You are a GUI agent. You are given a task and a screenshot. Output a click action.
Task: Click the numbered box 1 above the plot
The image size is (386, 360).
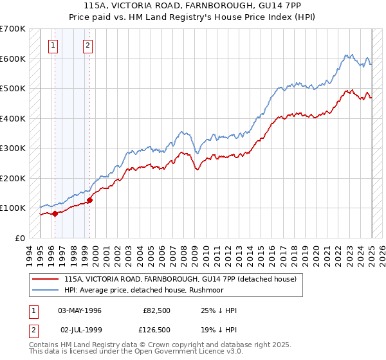tap(52, 45)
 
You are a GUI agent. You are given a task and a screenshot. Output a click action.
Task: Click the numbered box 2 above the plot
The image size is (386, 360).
tap(87, 45)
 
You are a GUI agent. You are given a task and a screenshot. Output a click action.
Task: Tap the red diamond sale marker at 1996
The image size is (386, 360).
tap(55, 213)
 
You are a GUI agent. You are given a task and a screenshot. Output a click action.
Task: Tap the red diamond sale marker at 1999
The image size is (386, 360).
tap(89, 200)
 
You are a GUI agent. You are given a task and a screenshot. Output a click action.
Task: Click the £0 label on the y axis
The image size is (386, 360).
tap(20, 238)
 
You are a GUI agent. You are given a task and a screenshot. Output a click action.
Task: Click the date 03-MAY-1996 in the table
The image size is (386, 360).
tap(80, 310)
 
